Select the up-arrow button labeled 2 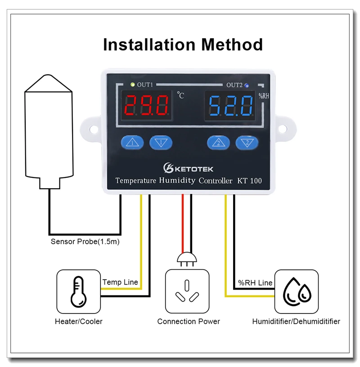tap(218, 143)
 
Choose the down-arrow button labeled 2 tap(247, 143)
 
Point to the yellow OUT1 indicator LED tap(132, 84)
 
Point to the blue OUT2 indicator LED tap(247, 85)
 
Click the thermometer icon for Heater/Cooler tap(78, 291)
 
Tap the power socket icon tap(187, 291)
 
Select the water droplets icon tap(297, 291)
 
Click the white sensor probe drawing tap(49, 131)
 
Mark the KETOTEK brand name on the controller tap(193, 169)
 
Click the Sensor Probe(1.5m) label tap(85, 242)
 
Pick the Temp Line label tap(120, 282)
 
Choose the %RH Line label tap(255, 283)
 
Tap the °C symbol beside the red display tap(180, 95)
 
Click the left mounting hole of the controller tap(93, 129)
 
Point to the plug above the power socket tap(187, 258)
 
